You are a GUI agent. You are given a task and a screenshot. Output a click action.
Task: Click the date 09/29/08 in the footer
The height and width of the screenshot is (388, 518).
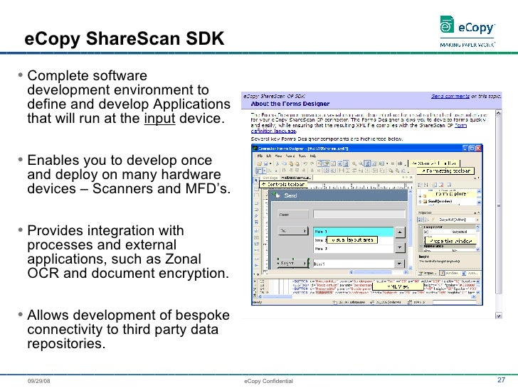click(39, 381)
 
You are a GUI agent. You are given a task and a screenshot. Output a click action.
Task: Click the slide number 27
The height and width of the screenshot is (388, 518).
click(500, 379)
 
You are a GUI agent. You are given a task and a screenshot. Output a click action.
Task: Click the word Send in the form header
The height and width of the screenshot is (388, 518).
click(290, 195)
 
